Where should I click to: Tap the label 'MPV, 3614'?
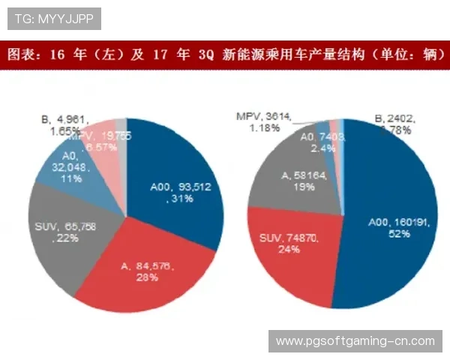click(x=263, y=116)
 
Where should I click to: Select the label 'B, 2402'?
click(x=394, y=118)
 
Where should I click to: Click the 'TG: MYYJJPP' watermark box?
click(x=53, y=18)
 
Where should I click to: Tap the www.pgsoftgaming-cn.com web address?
click(x=355, y=340)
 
